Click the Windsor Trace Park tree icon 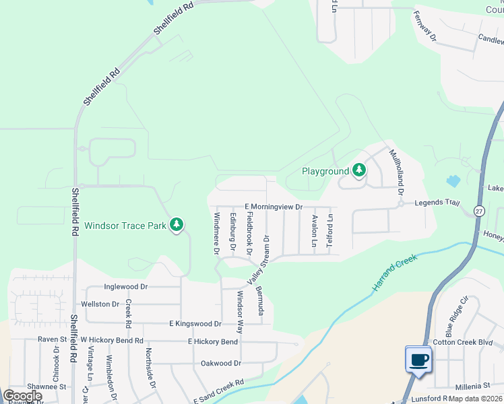(x=177, y=224)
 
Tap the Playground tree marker (x=359, y=170)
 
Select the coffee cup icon (x=418, y=360)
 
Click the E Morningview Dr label (x=273, y=207)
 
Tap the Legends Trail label (x=437, y=203)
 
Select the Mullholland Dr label (x=396, y=172)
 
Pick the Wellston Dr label (x=100, y=304)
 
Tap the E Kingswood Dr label (x=195, y=324)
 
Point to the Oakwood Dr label (x=221, y=363)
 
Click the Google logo (x=22, y=396)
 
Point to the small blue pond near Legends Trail (x=453, y=180)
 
